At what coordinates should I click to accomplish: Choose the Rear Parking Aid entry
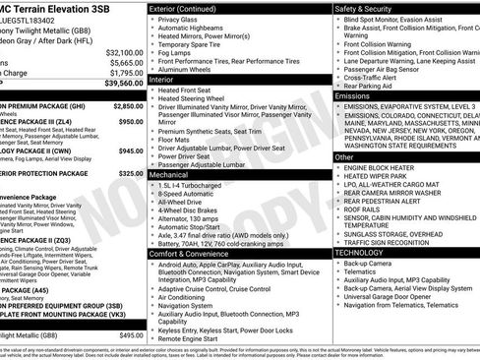coord(371,86)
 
